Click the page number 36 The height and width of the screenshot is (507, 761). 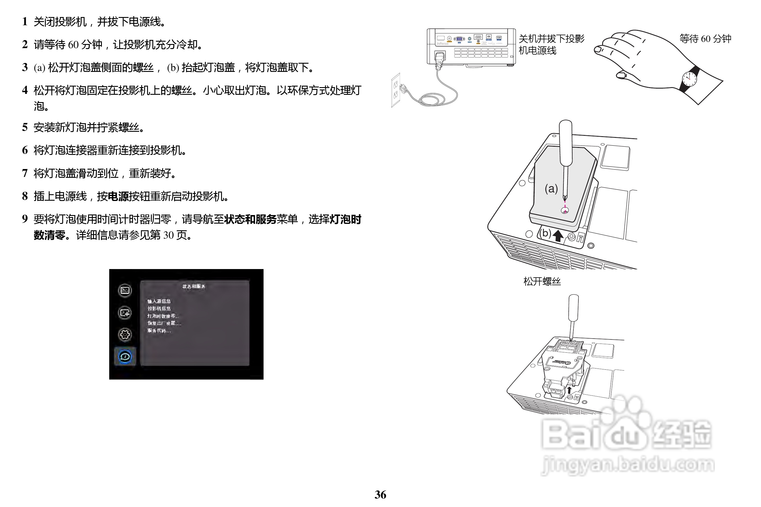[380, 495]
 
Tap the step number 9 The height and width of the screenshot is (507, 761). [25, 219]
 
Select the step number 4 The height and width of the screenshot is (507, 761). [25, 90]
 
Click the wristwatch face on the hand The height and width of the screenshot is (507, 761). [689, 79]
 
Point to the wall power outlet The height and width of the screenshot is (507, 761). [395, 90]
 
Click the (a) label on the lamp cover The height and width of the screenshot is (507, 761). [551, 188]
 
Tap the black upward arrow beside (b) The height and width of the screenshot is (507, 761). [558, 235]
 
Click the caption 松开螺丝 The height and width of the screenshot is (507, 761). [542, 281]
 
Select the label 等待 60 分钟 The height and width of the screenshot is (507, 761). [705, 39]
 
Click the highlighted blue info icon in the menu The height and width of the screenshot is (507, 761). [125, 356]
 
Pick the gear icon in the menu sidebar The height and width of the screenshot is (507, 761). [125, 334]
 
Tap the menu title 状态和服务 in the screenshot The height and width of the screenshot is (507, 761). [193, 286]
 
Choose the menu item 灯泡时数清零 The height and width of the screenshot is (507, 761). [162, 316]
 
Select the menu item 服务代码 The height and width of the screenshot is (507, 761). [159, 330]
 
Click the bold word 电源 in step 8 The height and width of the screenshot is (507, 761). [118, 196]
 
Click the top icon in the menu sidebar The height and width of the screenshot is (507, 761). [125, 290]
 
